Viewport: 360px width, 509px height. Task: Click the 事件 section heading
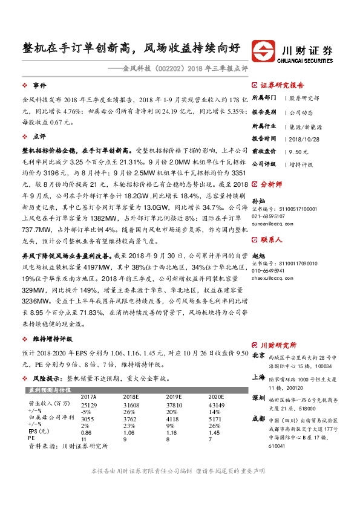point(39,86)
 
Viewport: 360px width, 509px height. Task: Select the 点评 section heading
point(39,136)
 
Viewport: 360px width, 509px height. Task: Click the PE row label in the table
point(33,439)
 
